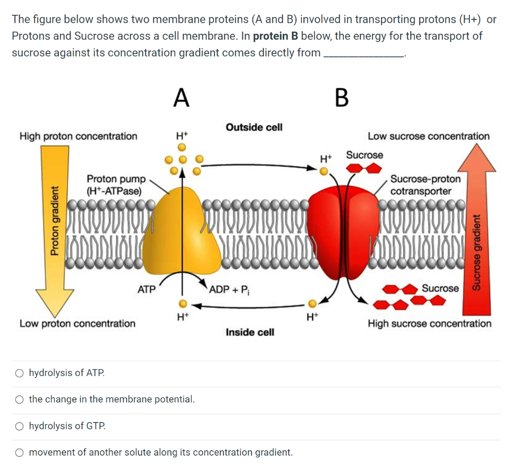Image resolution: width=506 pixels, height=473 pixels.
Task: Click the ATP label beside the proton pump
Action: click(146, 289)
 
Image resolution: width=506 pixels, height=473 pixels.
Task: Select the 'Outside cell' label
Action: click(254, 127)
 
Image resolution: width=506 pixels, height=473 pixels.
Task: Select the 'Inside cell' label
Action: click(250, 332)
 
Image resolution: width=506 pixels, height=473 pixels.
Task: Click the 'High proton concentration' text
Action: click(78, 136)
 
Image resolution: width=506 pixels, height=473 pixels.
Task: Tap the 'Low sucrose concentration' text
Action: click(428, 136)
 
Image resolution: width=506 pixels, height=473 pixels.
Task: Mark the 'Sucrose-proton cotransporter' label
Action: click(425, 185)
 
